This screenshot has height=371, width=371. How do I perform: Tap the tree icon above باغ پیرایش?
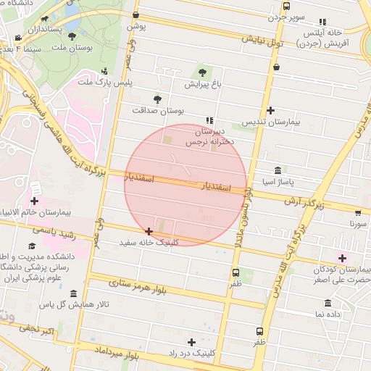201,72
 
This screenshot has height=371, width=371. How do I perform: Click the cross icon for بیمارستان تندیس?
270,110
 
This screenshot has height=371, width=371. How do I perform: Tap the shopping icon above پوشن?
136,14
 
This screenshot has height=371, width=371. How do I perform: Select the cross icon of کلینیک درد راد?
191,341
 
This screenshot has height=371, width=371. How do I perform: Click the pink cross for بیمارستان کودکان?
342,257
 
